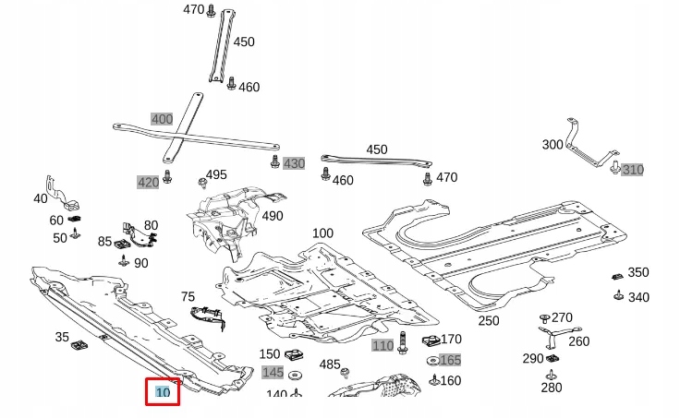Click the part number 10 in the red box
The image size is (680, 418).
click(163, 392)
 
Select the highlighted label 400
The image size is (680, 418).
click(163, 119)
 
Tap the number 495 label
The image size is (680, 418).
click(216, 174)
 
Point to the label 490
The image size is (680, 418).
click(273, 216)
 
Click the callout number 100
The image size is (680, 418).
click(322, 233)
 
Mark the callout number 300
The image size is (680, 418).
click(552, 145)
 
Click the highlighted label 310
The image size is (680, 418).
click(632, 170)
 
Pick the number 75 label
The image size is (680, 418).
click(188, 296)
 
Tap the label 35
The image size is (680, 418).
click(62, 337)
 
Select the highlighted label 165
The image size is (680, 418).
click(450, 360)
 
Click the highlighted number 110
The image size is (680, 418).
click(382, 345)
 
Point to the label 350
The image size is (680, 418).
click(638, 272)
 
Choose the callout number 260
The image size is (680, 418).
click(579, 341)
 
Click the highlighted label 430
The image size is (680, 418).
click(294, 163)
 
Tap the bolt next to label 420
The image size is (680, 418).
click(167, 176)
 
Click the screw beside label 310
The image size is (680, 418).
click(615, 167)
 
